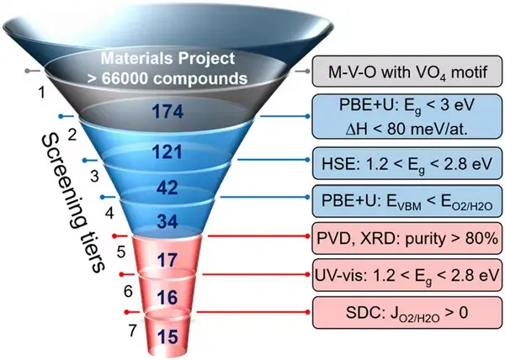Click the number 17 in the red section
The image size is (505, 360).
pos(170,260)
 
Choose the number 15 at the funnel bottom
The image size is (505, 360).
pos(169,336)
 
